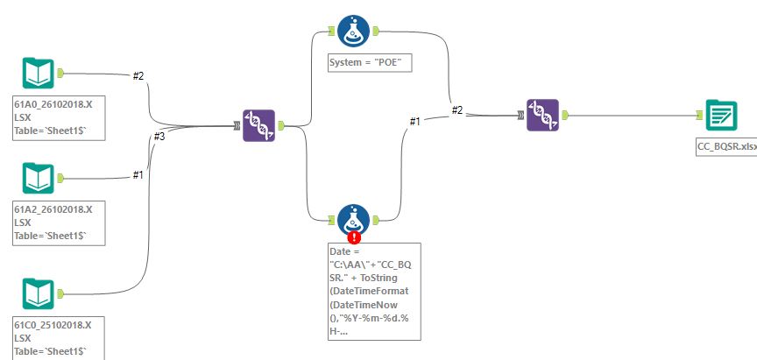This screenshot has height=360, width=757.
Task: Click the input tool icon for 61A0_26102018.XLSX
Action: click(39, 74)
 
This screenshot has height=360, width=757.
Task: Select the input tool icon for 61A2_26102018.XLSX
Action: click(39, 178)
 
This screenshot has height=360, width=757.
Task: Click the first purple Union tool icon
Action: click(259, 126)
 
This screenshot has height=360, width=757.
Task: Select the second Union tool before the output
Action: click(542, 116)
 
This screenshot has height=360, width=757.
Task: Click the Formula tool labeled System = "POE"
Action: click(353, 32)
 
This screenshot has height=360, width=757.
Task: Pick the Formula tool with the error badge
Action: click(353, 219)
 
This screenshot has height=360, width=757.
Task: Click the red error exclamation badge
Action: click(354, 236)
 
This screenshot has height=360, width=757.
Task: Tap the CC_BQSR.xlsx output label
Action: click(725, 147)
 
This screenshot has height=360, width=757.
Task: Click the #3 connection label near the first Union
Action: click(159, 137)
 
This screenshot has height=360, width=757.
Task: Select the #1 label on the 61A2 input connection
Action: click(138, 174)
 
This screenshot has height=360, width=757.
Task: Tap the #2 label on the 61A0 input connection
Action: click(138, 76)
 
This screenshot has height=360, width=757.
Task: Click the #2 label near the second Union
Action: click(457, 110)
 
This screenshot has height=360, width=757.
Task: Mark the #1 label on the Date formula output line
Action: click(415, 122)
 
